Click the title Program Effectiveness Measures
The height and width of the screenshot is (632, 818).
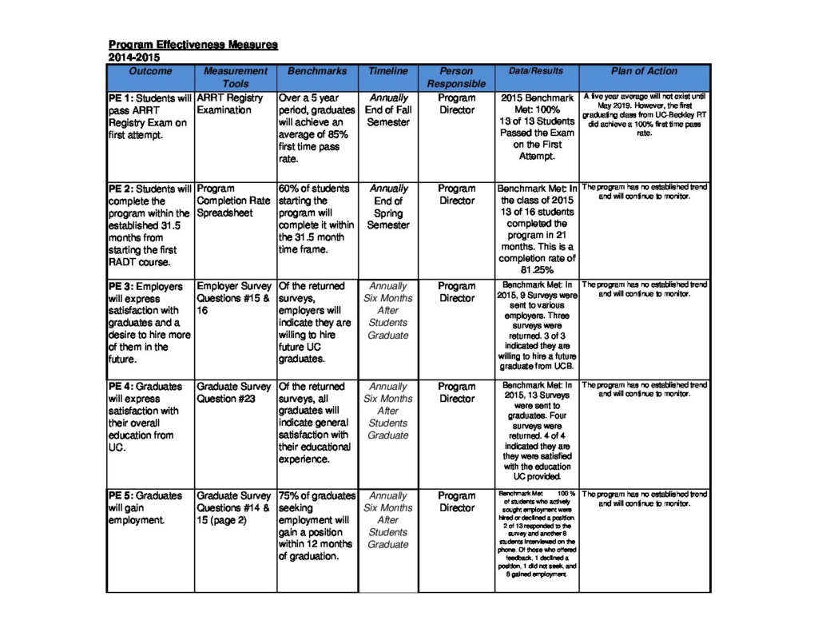193,45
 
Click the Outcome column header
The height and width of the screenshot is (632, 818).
149,71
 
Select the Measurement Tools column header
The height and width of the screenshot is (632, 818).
235,77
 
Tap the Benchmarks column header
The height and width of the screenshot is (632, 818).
317,71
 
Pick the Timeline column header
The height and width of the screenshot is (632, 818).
387,71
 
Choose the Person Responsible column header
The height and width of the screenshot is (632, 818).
456,77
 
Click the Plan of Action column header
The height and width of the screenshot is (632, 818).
644,71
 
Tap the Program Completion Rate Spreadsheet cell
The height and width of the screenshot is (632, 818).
233,201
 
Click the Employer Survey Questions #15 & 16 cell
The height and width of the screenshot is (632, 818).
234,297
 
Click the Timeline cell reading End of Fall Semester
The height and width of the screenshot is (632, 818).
387,110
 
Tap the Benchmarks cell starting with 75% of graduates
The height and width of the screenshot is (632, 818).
316,526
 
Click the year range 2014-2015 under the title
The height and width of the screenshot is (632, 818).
134,58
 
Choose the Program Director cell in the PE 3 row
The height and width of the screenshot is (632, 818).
456,292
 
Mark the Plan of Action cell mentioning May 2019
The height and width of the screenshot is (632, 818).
644,115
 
